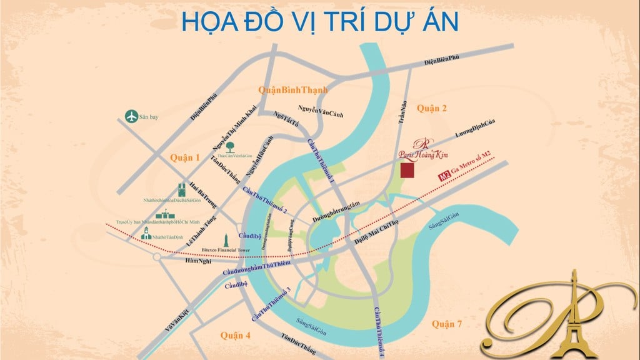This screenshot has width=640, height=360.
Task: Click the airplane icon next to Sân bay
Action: (x=131, y=116)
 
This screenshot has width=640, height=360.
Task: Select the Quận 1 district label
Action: (x=184, y=158)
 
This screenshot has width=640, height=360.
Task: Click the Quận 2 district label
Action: (x=432, y=109)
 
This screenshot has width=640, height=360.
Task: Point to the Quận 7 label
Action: (x=446, y=324)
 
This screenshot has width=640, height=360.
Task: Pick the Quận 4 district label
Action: (x=235, y=336)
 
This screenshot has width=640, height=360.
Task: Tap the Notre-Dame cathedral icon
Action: (x=181, y=191)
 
